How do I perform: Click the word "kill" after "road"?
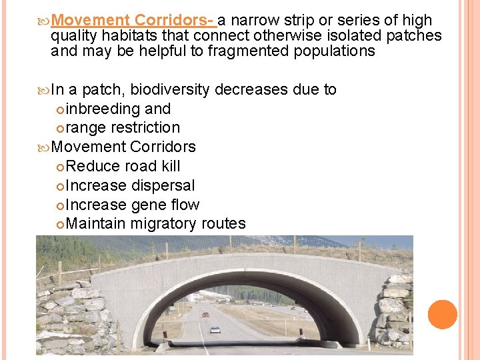click(169, 166)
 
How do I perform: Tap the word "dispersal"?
click(163, 185)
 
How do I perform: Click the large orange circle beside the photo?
click(443, 315)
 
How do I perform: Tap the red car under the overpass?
click(205, 314)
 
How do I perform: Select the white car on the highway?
click(215, 329)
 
